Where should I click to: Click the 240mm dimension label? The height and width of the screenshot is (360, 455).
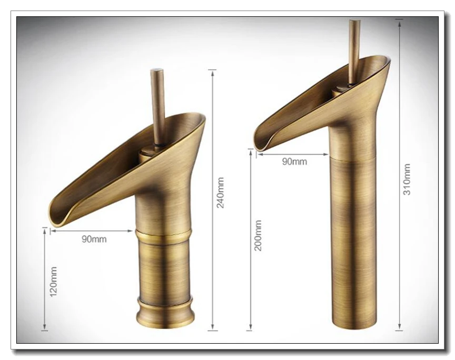tap(221, 193)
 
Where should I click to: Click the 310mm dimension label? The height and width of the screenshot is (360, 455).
tap(407, 179)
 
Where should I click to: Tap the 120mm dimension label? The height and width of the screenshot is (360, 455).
tap(53, 282)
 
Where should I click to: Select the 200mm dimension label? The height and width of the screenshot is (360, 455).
tap(258, 235)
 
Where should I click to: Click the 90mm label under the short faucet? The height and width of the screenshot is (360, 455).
tap(94, 239)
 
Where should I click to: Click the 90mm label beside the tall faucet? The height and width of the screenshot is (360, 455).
tap(294, 162)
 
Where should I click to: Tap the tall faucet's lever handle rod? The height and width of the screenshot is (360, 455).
tap(354, 52)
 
